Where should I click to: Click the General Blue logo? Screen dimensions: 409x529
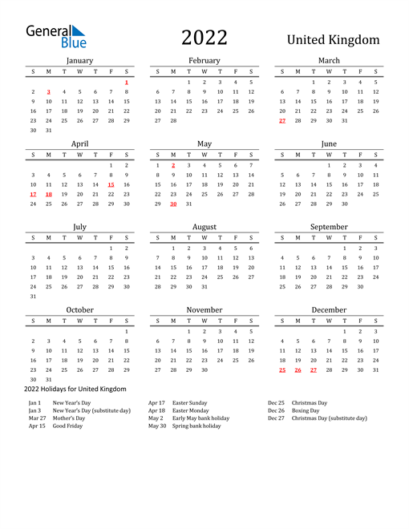click(x=55, y=35)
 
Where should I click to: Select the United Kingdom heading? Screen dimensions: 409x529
click(x=333, y=40)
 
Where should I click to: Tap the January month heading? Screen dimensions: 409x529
click(x=79, y=60)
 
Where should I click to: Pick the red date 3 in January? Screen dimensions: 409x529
click(x=49, y=92)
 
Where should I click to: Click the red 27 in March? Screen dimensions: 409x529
click(x=281, y=121)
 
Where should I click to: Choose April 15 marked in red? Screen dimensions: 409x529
click(x=111, y=184)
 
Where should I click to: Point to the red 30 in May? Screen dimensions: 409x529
click(x=173, y=204)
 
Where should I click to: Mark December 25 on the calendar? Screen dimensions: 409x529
click(x=281, y=369)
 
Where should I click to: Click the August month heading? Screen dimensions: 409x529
click(x=204, y=227)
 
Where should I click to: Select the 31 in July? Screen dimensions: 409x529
click(x=33, y=297)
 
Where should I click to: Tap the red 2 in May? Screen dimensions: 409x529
click(x=173, y=165)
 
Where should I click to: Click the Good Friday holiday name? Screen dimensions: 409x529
click(x=67, y=426)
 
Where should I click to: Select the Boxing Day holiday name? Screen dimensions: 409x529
click(x=306, y=410)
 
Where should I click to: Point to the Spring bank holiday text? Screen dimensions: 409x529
click(x=196, y=426)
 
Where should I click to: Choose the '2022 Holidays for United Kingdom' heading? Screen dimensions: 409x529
click(x=77, y=390)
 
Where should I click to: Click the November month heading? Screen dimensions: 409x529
click(x=204, y=310)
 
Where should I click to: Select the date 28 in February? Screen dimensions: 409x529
click(x=173, y=121)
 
